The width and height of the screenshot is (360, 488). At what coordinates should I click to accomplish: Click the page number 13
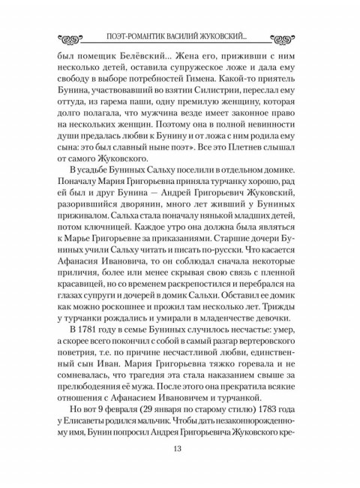click(180, 448)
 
